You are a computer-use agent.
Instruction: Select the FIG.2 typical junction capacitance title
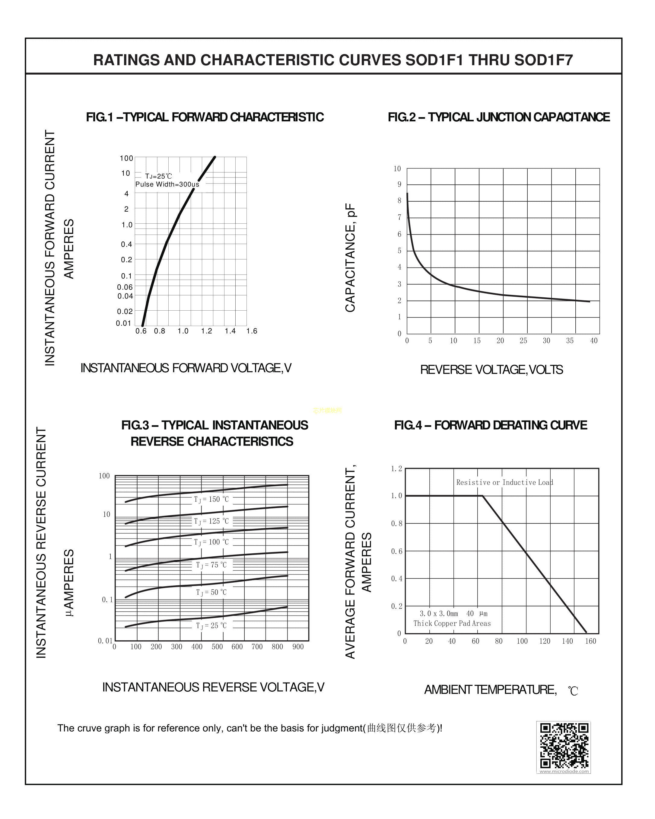tap(498, 117)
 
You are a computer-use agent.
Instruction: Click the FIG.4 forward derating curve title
tap(491, 425)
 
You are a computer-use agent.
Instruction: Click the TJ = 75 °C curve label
tap(211, 565)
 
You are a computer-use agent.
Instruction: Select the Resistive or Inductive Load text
tap(504, 482)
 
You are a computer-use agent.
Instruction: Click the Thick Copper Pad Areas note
tap(452, 623)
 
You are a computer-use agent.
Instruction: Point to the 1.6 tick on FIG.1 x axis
tap(252, 331)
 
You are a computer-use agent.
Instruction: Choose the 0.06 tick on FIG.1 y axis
tap(125, 287)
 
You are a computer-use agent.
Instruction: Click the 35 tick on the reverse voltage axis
tap(570, 341)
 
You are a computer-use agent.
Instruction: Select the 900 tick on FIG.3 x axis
tap(298, 647)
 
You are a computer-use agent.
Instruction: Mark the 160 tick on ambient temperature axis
tap(590, 641)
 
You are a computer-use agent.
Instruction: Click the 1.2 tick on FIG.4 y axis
tap(396, 469)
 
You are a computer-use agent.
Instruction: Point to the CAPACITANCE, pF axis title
tap(350, 258)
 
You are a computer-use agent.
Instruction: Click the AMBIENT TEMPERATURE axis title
tap(490, 689)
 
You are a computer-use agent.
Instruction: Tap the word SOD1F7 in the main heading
tap(543, 60)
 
